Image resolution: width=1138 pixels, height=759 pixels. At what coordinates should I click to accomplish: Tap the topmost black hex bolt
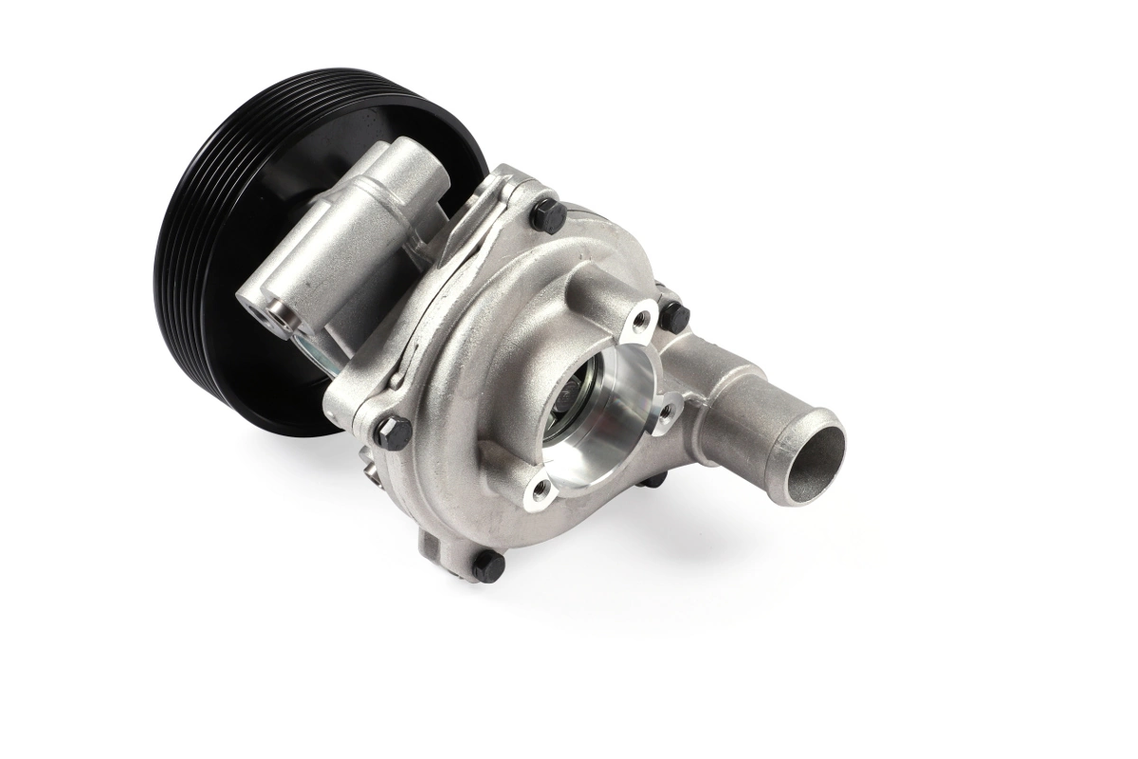548,215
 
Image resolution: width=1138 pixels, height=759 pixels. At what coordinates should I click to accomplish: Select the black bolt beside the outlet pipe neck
672,314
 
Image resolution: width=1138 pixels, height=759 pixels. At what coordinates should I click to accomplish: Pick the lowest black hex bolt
488,566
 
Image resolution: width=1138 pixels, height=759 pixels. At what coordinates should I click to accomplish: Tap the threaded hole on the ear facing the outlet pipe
667,409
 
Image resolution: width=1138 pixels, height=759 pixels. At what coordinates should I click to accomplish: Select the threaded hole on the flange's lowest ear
541,490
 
